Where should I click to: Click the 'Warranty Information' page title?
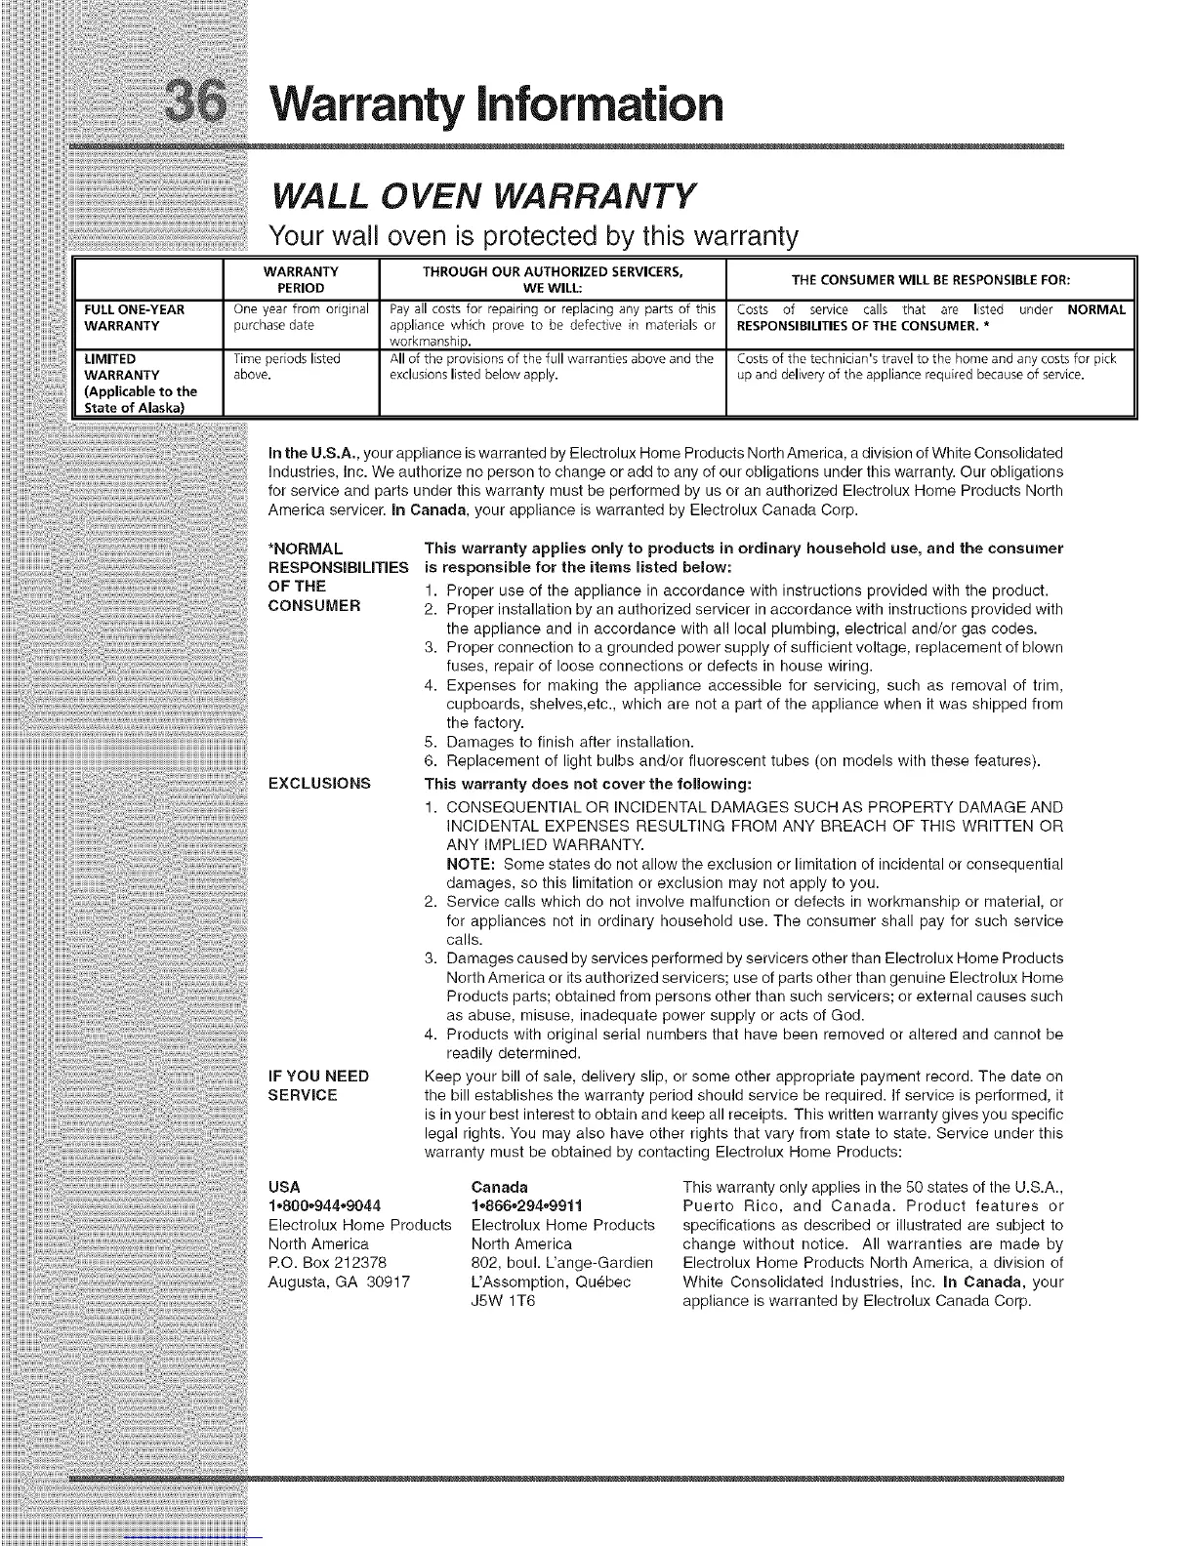pos(485,104)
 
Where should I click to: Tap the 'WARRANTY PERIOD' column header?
pos(301,279)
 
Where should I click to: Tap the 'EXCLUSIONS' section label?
pos(319,783)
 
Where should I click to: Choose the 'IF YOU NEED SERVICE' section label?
pos(318,1085)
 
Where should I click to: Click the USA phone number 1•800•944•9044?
pos(324,1205)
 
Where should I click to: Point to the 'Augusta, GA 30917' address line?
pos(339,1282)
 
